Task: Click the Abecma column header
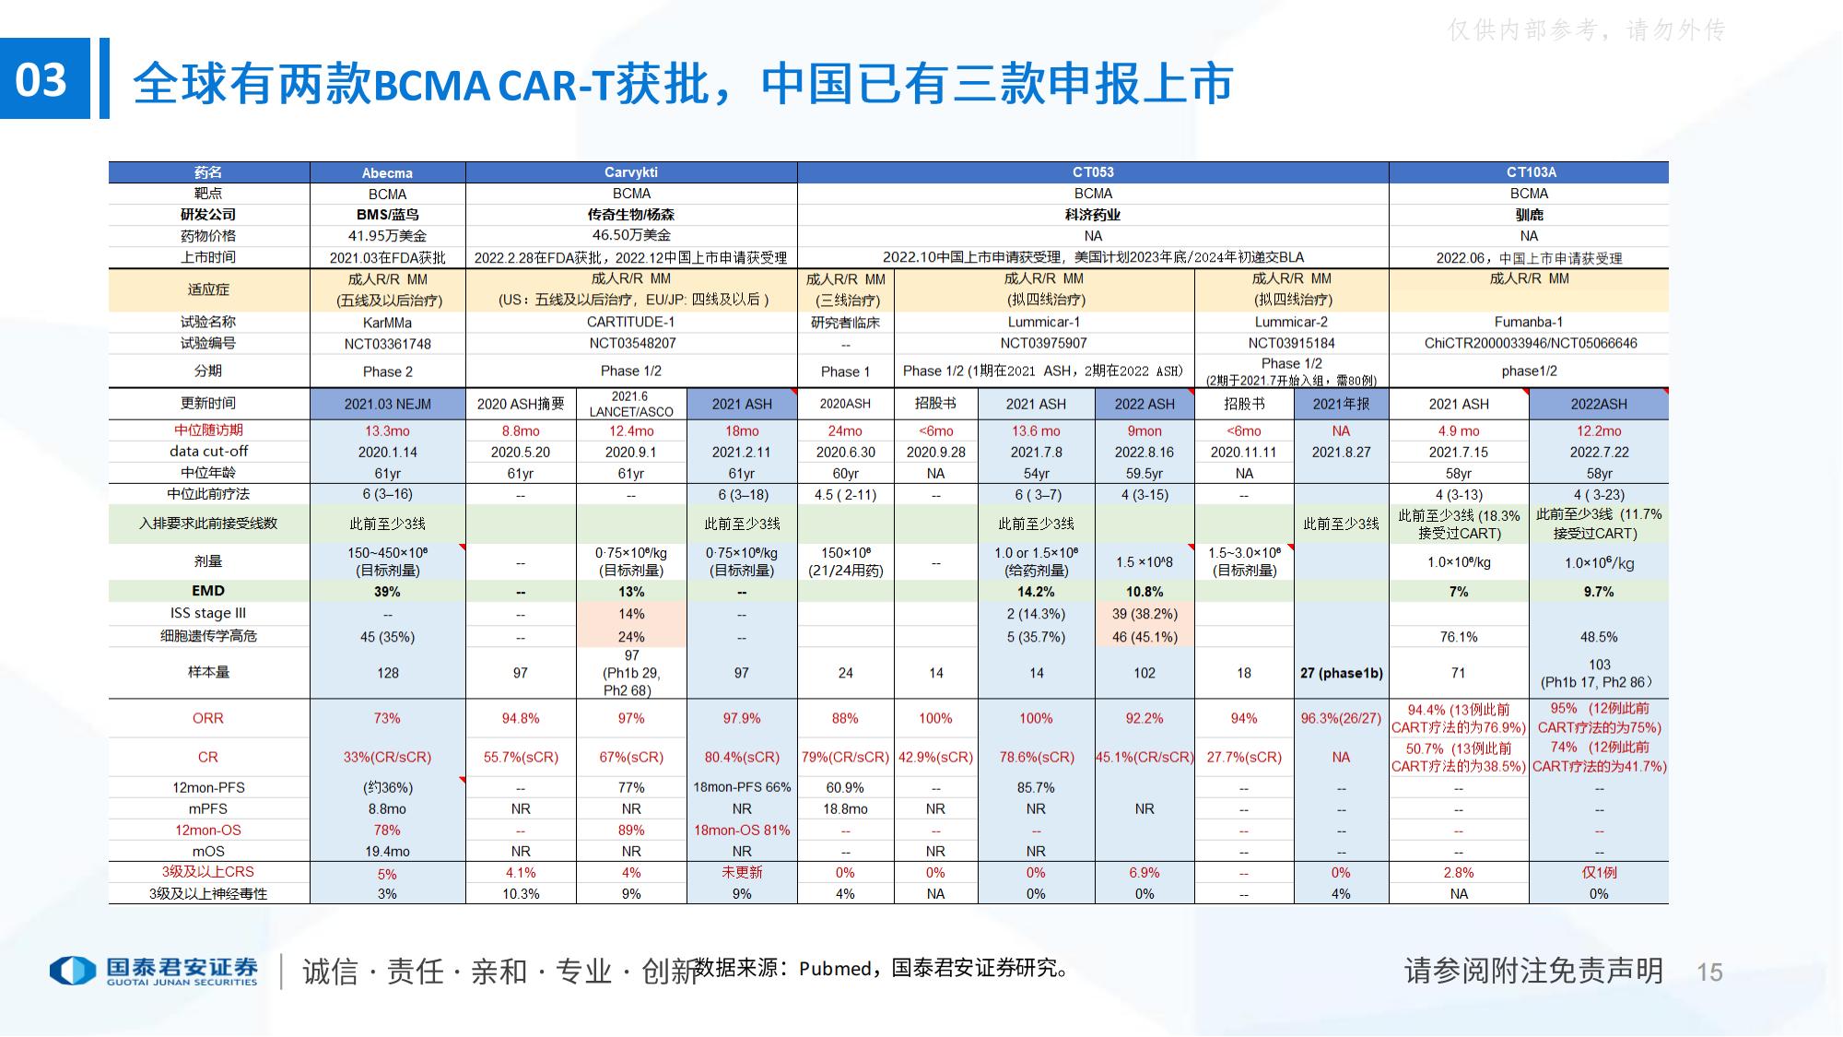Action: [387, 173]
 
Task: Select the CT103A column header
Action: [1531, 172]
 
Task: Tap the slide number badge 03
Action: [43, 79]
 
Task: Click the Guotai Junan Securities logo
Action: [155, 971]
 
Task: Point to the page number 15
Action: [1709, 972]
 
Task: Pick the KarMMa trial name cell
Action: [387, 323]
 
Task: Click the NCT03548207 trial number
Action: [632, 343]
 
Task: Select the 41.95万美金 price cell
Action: [387, 236]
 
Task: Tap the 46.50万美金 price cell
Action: [632, 235]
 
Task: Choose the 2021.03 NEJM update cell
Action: [387, 404]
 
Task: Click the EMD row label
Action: [208, 591]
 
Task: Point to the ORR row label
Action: [208, 718]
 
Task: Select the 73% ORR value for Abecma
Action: [387, 718]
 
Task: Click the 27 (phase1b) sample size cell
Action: [1341, 673]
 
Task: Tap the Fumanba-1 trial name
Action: [1529, 323]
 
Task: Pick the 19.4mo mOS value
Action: [387, 852]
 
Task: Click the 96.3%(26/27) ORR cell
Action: [1341, 718]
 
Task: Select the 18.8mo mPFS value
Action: [845, 808]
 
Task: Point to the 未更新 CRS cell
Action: [742, 872]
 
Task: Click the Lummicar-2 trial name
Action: [1291, 323]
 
